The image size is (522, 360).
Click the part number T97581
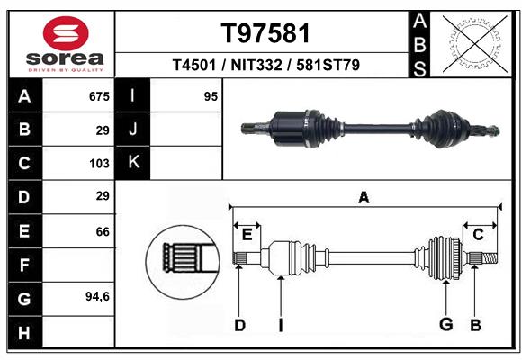[265, 33]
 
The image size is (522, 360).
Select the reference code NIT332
[256, 65]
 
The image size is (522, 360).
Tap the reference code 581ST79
[328, 65]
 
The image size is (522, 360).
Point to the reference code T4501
[194, 65]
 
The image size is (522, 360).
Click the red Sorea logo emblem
[66, 33]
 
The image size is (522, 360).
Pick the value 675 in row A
[99, 96]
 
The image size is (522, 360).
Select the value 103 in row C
[99, 164]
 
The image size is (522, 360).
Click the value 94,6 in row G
[97, 296]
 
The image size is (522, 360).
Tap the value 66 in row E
[103, 231]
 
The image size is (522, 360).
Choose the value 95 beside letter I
[211, 96]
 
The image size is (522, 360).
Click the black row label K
[133, 163]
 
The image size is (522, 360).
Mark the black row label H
[24, 332]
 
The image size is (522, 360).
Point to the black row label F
[24, 265]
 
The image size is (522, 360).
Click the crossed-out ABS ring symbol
[475, 43]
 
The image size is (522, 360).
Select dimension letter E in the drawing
[247, 235]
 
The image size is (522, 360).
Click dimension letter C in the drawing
[478, 235]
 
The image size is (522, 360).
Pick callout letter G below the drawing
[446, 324]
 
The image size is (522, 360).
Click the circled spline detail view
[183, 262]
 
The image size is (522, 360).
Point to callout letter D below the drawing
[239, 325]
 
